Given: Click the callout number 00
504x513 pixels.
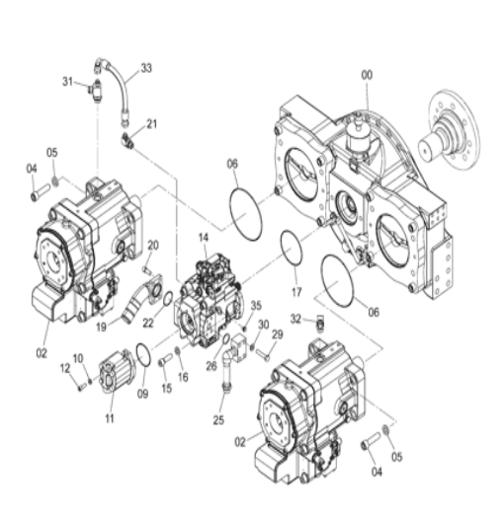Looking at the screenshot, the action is click(367, 75).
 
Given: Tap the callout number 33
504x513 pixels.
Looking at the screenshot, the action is click(146, 68).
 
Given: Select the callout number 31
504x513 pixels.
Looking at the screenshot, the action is click(67, 81).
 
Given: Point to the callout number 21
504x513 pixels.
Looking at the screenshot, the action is click(151, 124).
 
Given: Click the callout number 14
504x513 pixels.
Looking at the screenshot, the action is click(204, 238).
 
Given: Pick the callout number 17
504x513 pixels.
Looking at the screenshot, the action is click(296, 292).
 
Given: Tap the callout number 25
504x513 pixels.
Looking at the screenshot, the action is click(218, 420).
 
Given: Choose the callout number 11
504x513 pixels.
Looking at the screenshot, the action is click(110, 418).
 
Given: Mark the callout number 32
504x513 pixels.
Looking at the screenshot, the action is click(295, 319).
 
